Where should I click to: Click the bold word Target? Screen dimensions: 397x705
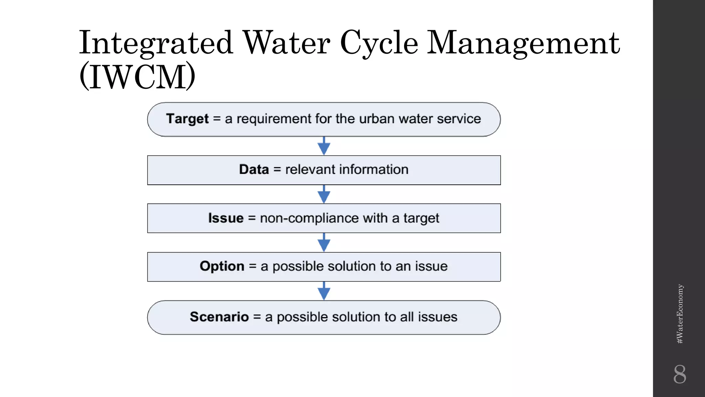pos(187,119)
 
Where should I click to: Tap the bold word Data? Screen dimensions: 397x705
pos(254,170)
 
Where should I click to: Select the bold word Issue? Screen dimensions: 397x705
pos(226,218)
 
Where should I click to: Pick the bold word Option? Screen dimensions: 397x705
pos(222,266)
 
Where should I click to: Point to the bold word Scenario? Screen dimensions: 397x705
pos(219,317)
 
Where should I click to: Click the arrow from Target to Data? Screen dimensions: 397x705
pos(324,146)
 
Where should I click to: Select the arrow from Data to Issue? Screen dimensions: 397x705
pos(324,194)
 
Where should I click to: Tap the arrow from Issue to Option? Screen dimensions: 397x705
pos(324,243)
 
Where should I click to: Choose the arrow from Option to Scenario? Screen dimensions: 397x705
pos(324,291)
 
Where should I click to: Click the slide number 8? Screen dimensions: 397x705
pos(680,374)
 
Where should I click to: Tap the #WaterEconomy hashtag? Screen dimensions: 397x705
pos(680,314)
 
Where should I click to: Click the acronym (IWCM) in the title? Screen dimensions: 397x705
pos(137,76)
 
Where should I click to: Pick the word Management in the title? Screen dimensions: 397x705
pos(523,43)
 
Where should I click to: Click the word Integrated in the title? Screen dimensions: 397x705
pos(156,43)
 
